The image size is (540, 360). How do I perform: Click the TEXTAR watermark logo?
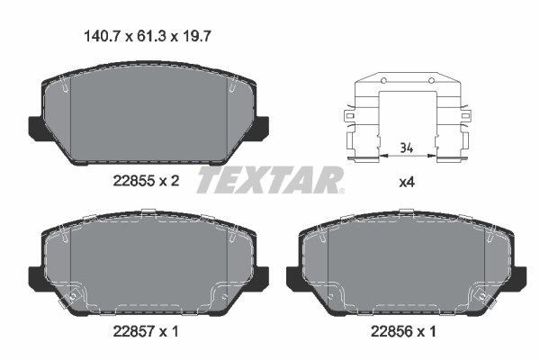pyautogui.click(x=269, y=180)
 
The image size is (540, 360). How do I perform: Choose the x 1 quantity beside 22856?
pyautogui.click(x=430, y=331)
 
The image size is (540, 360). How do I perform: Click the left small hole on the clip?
pyautogui.click(x=381, y=82)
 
